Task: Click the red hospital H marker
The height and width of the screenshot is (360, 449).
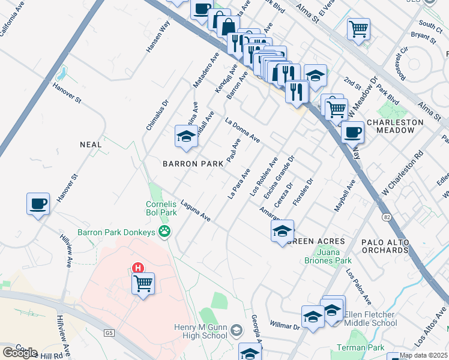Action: (x=139, y=268)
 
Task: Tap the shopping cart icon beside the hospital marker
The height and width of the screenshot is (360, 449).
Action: (x=143, y=283)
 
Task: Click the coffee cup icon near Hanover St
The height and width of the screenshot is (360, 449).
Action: (x=38, y=204)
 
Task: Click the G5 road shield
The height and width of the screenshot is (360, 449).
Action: (x=108, y=333)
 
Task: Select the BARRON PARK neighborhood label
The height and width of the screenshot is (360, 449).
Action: (x=189, y=164)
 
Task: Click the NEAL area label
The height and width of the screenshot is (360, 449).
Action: (x=91, y=145)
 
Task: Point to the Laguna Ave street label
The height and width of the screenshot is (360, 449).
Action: (x=196, y=211)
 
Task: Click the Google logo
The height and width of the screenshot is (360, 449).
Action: (x=20, y=352)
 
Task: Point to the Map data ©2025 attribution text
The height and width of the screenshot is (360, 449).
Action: (x=423, y=355)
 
